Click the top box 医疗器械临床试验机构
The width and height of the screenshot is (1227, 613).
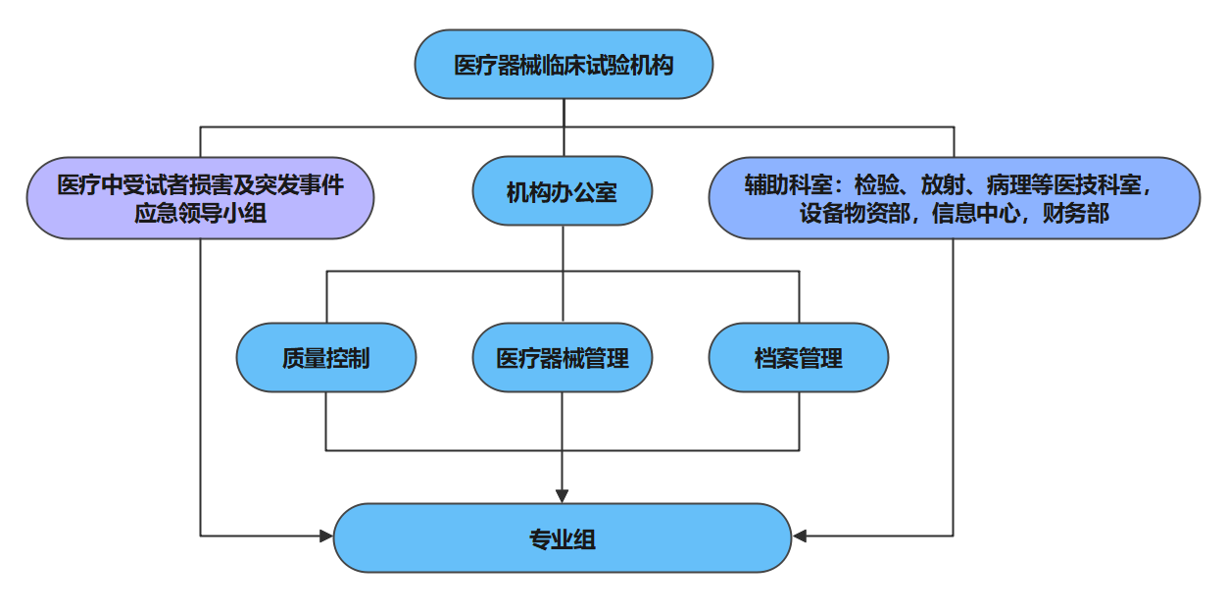[x=564, y=65]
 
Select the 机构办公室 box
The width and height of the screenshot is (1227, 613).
[x=562, y=192]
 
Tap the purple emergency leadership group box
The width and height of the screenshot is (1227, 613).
[x=200, y=198]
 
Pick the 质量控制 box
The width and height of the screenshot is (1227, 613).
[x=325, y=358]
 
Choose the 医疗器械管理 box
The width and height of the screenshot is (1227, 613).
[x=562, y=358]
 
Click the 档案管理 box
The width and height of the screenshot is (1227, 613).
[x=798, y=358]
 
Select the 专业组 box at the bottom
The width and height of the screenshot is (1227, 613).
[x=562, y=538]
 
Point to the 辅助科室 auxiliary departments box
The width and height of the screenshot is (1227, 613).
[x=954, y=198]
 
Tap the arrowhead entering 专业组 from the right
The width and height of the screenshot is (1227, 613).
[x=799, y=536]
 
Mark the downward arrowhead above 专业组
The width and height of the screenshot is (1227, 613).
[x=562, y=495]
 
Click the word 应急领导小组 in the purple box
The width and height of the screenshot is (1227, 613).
[x=200, y=213]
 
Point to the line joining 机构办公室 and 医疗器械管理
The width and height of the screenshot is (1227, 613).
[x=562, y=294]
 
